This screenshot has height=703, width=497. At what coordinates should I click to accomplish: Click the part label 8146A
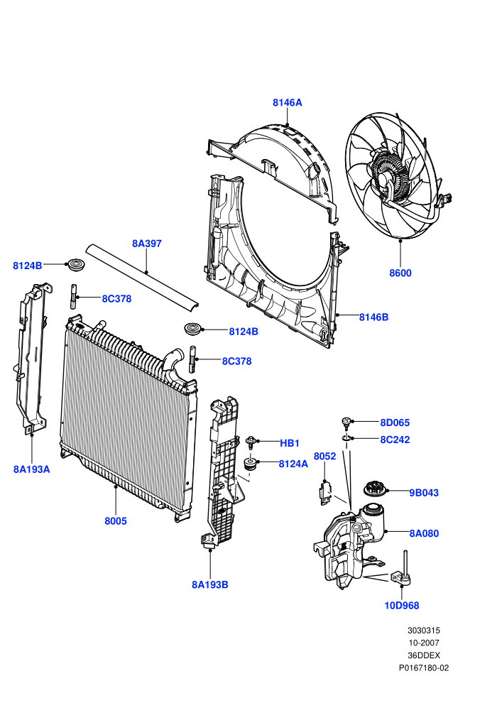coord(288,103)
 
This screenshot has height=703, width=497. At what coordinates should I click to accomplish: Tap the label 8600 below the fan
coord(400,273)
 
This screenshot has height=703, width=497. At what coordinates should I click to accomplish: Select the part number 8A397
coord(146,244)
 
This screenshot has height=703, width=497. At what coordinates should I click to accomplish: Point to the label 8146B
coord(373,317)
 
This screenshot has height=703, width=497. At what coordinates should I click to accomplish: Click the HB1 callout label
coord(290,443)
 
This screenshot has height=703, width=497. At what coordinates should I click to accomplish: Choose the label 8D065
coord(395,423)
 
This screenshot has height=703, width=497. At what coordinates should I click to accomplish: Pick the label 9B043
coord(424,492)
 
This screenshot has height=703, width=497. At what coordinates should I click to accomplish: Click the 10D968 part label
coord(402,605)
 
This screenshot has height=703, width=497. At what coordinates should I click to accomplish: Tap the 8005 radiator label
coord(116,521)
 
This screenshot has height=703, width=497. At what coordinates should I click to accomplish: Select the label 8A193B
coord(210,584)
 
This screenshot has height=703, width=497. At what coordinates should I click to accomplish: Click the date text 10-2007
coord(423,643)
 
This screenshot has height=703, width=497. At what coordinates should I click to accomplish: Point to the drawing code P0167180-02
coord(424,667)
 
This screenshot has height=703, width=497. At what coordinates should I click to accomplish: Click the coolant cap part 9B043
coord(373,489)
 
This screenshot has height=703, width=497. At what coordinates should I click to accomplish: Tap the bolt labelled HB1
coord(251,442)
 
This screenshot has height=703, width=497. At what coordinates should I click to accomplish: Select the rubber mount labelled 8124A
coord(250,464)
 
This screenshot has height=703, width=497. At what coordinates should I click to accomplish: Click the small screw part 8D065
coord(347,423)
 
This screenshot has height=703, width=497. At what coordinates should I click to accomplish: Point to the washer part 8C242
coord(347,438)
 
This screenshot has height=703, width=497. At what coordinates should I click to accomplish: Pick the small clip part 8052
coord(326,492)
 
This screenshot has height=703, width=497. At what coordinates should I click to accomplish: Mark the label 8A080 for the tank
coord(424,533)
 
